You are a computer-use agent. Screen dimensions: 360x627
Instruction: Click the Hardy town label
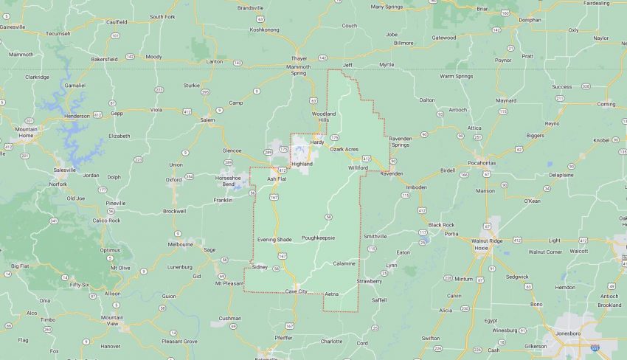coord(317,142)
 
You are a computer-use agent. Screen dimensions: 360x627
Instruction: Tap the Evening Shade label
coord(274,240)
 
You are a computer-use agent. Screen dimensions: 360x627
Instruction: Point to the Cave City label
coord(297,291)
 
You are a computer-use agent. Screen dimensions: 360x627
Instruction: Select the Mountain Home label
coord(26,132)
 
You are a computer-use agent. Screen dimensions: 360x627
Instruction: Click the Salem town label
coord(207,120)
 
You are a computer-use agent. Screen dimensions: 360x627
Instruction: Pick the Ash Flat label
coord(277,179)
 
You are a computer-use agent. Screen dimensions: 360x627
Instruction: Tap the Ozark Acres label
coord(344,150)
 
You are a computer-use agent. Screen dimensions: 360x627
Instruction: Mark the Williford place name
coord(358,168)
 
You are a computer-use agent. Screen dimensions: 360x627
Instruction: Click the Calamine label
coord(344,263)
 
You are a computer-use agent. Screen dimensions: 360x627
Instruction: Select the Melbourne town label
coord(180,243)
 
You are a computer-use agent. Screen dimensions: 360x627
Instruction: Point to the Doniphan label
coord(530,20)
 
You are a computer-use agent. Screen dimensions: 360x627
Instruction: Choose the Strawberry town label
coord(370,281)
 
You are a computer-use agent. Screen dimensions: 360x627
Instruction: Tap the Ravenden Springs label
coord(411,140)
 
